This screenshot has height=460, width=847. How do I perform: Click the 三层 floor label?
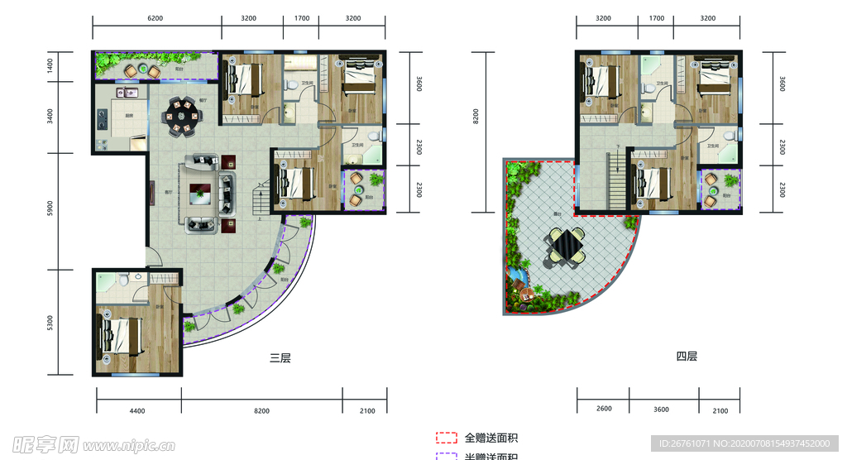(280, 358)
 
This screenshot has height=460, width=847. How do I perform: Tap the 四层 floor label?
(687, 357)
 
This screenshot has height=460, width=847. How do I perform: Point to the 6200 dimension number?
(156, 17)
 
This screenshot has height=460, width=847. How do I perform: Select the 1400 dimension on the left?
(50, 66)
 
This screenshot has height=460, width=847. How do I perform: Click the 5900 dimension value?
(50, 211)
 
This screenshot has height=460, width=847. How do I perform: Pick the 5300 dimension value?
(50, 322)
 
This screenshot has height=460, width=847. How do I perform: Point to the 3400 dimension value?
(50, 117)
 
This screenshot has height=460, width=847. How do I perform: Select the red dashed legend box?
(447, 438)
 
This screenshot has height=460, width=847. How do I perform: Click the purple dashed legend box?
(447, 456)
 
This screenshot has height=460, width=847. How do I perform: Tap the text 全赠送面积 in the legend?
(490, 438)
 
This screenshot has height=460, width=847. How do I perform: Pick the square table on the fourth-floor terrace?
(565, 246)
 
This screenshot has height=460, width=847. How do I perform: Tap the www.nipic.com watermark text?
(123, 446)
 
